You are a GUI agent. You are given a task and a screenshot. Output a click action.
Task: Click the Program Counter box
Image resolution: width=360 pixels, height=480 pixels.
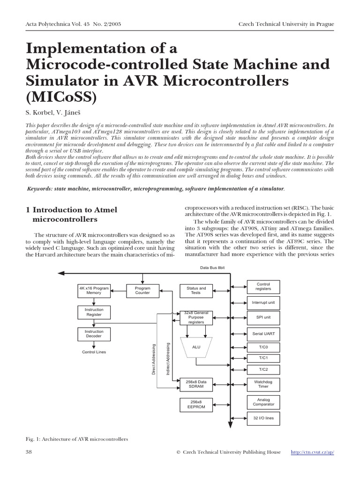coord(142,291)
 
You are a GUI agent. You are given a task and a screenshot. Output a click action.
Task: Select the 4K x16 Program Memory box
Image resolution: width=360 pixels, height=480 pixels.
coord(94,291)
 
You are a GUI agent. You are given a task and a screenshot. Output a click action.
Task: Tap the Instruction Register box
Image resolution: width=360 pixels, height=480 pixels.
coord(94,312)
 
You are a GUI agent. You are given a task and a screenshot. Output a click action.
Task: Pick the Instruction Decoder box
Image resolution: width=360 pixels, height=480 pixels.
coord(94,334)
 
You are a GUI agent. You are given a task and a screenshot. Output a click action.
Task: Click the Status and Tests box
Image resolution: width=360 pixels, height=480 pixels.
coord(196,291)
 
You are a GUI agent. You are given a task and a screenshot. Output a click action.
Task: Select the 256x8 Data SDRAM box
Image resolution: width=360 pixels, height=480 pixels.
coord(196,384)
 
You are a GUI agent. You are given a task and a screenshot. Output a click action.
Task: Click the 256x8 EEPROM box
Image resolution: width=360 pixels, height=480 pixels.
coord(196,405)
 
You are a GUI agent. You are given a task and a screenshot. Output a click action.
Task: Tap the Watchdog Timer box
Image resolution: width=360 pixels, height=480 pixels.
coord(263,384)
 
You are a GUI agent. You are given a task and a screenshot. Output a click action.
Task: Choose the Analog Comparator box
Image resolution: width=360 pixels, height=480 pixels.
coord(263,402)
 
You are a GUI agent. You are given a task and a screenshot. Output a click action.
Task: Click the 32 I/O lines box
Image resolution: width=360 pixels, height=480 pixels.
coord(263,418)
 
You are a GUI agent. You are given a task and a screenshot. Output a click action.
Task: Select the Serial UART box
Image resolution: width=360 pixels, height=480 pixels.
coord(263,334)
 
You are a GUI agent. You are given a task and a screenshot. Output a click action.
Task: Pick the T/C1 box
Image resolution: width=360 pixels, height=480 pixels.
coord(263,358)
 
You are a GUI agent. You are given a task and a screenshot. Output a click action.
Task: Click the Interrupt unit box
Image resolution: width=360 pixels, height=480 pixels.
coord(263,303)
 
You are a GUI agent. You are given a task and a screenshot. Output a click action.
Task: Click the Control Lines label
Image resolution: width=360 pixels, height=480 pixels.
coord(94,352)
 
